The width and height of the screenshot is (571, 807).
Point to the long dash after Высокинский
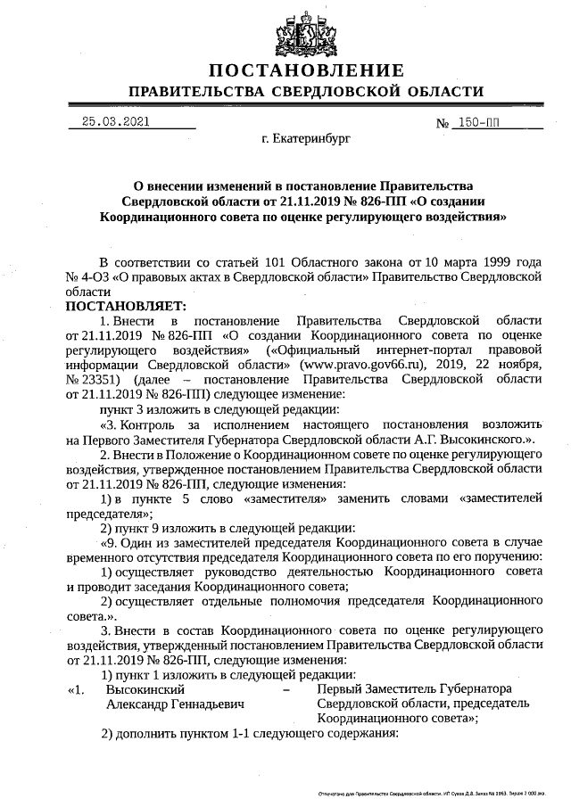click(x=285, y=688)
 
